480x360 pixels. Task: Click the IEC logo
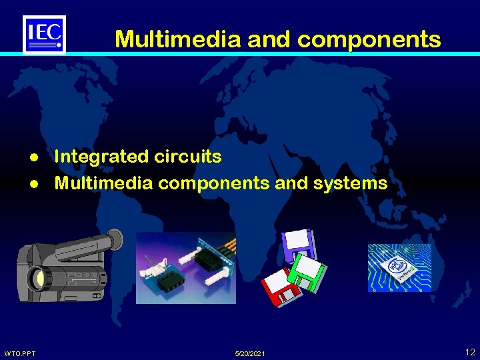(44, 34)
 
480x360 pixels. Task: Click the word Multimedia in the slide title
(178, 39)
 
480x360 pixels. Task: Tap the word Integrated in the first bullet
(100, 157)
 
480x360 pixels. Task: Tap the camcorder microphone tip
(115, 237)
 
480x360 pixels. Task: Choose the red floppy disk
(279, 287)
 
